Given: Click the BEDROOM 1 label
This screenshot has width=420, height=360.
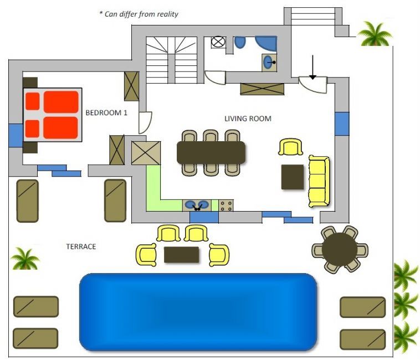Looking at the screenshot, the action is coord(106,112).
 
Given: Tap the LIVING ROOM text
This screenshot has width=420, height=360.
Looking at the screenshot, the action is coord(248,119).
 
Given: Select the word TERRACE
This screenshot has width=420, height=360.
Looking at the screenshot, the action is coord(81,246).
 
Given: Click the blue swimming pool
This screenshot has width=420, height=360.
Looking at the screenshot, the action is coord(198,312).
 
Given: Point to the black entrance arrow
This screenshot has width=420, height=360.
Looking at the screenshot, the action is coord(313,67).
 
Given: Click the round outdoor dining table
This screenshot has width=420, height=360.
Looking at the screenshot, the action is coord(340,249).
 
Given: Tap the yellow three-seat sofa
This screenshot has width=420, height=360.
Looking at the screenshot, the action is coord(319,182).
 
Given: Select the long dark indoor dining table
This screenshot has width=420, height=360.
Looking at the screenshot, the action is coord(211,152).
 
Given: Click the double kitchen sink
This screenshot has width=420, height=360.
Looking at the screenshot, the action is coord(197,205).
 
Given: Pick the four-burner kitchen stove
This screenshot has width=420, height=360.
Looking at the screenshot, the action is coord(226,205).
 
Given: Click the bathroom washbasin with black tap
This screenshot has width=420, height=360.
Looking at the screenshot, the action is coord(269,63).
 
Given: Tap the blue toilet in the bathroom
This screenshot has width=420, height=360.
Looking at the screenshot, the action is coord(240,42).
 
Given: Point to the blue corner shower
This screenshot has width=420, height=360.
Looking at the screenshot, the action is coord(267,43).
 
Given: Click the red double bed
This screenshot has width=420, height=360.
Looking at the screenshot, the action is coord(53,115).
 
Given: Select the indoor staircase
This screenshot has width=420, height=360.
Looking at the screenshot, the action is coord(172,60).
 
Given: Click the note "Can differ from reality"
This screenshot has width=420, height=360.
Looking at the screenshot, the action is coord(139,14).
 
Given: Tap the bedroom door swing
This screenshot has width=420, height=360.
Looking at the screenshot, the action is coord(145,122).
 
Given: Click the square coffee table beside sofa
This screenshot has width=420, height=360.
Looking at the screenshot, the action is coord(293,177).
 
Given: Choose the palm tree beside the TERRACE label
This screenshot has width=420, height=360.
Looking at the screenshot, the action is coord(25,258).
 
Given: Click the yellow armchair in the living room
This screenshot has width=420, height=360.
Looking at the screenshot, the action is coord(291,147).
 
